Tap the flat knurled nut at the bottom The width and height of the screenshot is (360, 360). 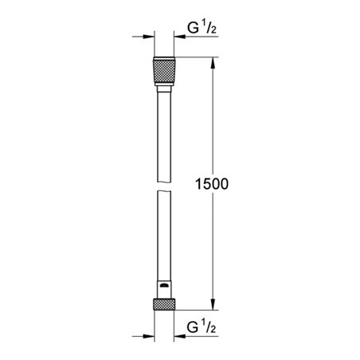163,305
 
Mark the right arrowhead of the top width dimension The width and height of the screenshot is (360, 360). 179,37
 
